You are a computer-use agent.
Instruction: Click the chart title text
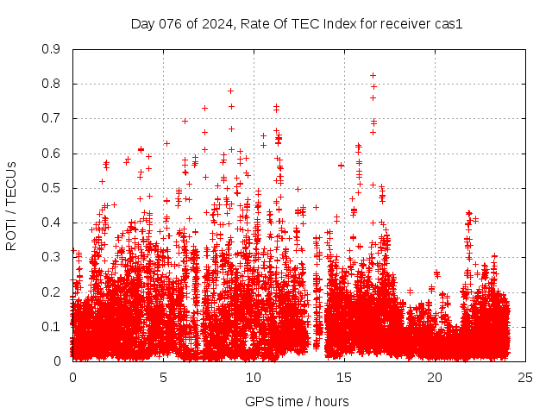click(297, 24)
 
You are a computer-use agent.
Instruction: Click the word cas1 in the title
click(448, 24)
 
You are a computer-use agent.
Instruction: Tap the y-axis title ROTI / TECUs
click(12, 205)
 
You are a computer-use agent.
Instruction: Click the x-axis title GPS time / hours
click(297, 401)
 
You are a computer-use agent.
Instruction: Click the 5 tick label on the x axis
click(163, 377)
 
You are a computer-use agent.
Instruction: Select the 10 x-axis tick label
click(254, 377)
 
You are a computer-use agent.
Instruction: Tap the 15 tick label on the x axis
click(344, 377)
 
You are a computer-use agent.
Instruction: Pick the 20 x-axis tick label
click(435, 377)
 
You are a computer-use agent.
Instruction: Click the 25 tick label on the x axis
click(525, 377)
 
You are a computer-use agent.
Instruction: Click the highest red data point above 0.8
click(373, 75)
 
